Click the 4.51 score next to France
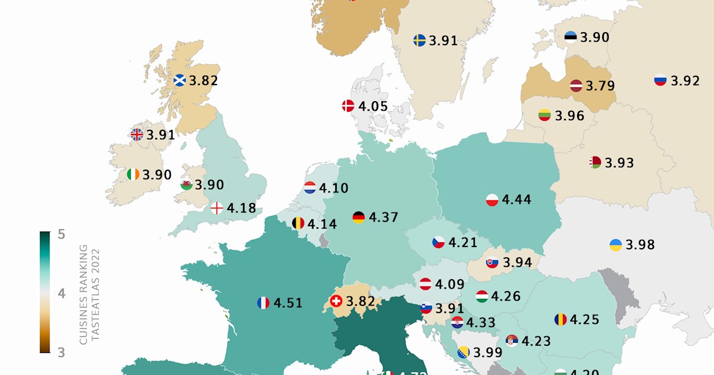click(288, 303)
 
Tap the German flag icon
click(359, 217)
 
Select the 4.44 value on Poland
click(516, 200)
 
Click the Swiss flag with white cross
click(336, 302)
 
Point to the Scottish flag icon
click(180, 80)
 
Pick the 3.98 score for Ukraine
click(640, 245)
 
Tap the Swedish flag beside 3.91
click(419, 40)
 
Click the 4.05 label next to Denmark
click(373, 107)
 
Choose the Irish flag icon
click(133, 174)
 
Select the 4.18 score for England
click(242, 208)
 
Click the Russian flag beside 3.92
click(660, 80)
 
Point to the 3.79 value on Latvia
click(600, 86)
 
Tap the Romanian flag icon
click(560, 320)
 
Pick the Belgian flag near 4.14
click(298, 224)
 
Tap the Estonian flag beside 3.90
click(571, 37)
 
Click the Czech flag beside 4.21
click(439, 243)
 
